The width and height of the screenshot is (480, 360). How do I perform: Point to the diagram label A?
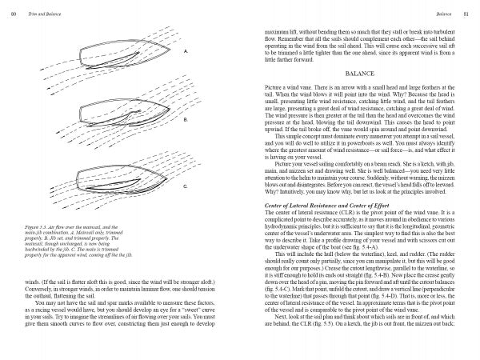(185, 51)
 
